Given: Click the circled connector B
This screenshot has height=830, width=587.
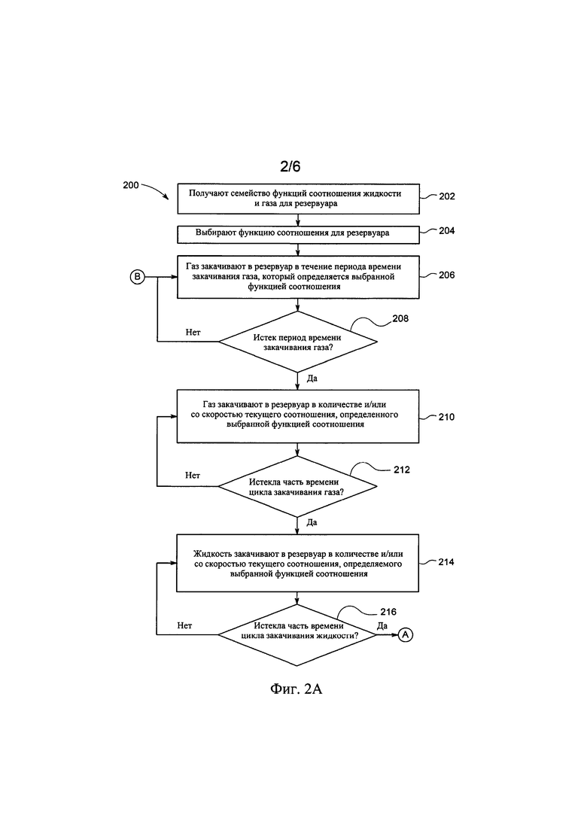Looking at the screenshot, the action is tap(137, 276).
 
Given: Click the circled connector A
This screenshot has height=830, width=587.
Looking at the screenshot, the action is tap(406, 634).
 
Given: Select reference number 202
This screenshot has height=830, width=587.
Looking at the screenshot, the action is tap(447, 196).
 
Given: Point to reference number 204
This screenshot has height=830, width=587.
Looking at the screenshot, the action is tap(447, 231).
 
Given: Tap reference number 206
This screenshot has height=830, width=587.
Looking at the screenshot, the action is tap(447, 275).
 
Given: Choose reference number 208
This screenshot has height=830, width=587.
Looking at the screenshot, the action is tap(400, 318).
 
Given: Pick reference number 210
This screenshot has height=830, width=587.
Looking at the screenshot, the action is tap(446, 417).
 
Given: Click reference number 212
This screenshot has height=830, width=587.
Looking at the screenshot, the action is tap(402, 470).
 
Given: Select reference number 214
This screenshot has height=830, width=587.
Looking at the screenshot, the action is tap(446, 562).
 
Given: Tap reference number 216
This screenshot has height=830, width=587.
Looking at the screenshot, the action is tap(388, 612).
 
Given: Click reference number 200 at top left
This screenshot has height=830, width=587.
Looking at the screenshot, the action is tap(131, 185).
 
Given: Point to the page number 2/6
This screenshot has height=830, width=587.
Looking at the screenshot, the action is tap(290, 167).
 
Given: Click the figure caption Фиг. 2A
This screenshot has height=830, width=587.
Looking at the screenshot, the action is tap(296, 689).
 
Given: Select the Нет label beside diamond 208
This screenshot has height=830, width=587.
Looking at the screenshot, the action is tap(193, 333).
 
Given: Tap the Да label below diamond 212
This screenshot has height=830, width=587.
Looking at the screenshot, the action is tap(312, 522).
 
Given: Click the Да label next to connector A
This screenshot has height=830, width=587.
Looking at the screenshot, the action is tap(382, 625).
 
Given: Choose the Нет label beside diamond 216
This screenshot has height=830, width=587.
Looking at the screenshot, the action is tap(184, 625).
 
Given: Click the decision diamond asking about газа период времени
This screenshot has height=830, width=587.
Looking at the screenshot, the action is tap(297, 342).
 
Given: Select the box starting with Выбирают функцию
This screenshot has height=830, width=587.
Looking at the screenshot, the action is tap(298, 235).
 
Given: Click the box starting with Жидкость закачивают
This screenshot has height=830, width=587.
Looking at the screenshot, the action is tap(297, 563).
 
